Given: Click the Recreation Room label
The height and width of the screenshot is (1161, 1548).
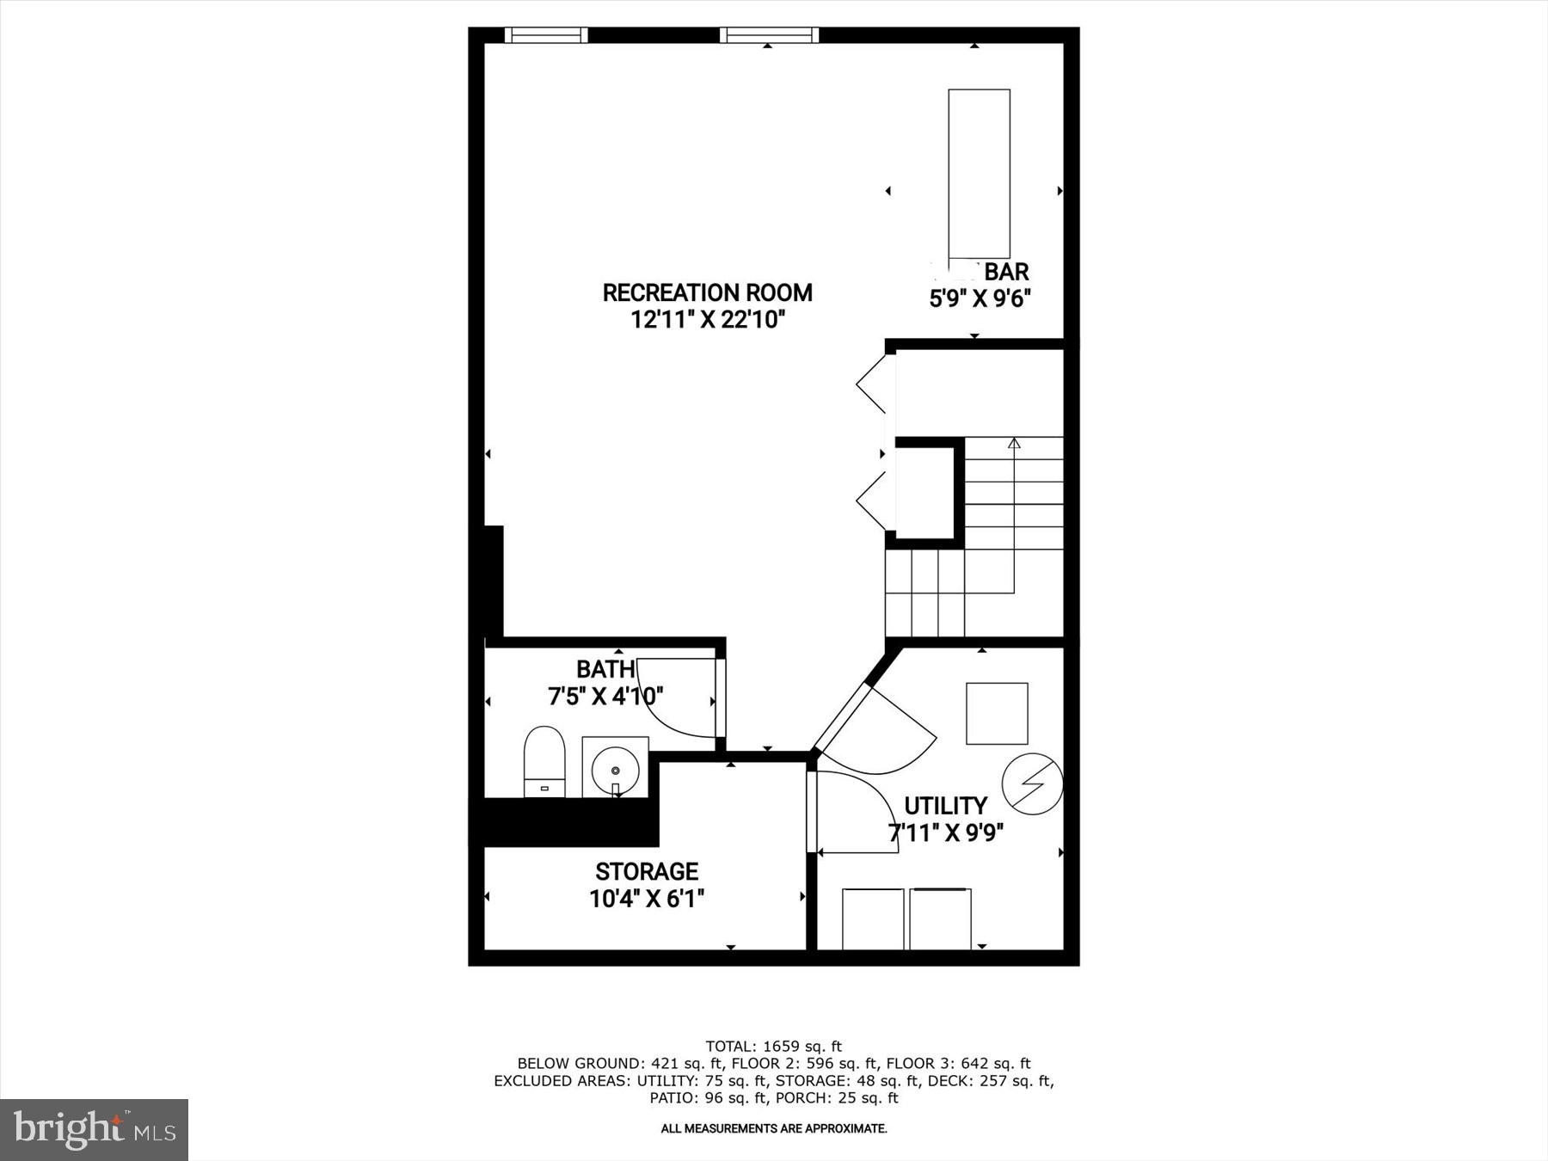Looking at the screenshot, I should (707, 292).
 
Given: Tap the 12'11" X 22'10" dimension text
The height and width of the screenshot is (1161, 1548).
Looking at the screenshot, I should (707, 320).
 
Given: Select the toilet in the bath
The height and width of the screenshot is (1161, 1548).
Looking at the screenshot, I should (544, 761).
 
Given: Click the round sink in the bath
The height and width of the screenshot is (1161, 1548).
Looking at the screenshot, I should (616, 765).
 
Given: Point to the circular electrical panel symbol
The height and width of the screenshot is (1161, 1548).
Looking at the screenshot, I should (1032, 783).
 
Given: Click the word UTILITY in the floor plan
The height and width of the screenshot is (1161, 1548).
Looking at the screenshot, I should (945, 806).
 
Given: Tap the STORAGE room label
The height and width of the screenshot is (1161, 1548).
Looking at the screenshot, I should (647, 871).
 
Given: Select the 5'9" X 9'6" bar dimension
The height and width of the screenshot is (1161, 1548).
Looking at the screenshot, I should (980, 299).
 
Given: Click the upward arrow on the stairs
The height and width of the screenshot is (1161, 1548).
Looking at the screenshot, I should (1014, 444).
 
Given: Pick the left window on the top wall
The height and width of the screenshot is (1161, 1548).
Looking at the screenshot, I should (545, 35).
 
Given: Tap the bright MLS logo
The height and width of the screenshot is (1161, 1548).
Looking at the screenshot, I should (94, 1129).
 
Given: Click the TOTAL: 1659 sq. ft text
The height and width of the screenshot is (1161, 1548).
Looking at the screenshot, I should (773, 1047).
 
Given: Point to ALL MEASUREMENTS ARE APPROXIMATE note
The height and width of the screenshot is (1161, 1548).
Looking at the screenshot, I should (773, 1128).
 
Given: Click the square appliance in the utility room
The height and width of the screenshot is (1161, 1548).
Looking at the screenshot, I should (997, 713).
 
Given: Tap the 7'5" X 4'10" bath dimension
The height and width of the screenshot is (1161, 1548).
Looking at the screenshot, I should (605, 696).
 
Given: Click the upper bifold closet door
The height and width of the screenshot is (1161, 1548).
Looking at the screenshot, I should (874, 384).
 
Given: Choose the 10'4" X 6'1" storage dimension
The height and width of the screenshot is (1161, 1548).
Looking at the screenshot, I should (647, 899).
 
